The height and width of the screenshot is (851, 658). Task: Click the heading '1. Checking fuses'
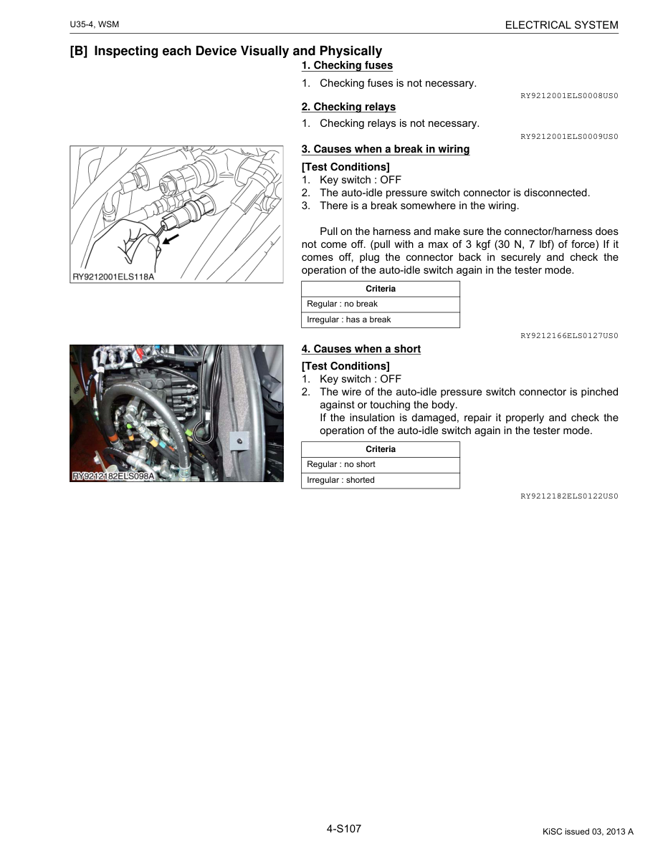tap(347, 65)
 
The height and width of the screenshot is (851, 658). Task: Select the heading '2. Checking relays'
tap(348, 107)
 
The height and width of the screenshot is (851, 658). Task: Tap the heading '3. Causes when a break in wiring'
tap(385, 149)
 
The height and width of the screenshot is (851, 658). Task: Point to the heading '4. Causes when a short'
tap(361, 349)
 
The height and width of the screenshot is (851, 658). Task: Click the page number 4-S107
tap(344, 828)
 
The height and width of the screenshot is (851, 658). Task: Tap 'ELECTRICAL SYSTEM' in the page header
tap(561, 25)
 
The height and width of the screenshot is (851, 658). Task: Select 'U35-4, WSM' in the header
tap(94, 25)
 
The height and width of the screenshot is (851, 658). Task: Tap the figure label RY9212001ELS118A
tap(113, 277)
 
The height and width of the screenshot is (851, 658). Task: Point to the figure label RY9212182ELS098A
tap(113, 476)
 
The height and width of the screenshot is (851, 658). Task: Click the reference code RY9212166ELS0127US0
tap(569, 335)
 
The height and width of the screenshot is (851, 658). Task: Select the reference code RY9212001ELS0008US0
tap(569, 95)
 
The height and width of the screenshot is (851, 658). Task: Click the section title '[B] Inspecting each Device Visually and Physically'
tap(226, 51)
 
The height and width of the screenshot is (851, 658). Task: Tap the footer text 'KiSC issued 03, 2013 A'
tap(588, 832)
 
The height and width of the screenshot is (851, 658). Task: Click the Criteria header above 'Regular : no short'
tap(380, 449)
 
